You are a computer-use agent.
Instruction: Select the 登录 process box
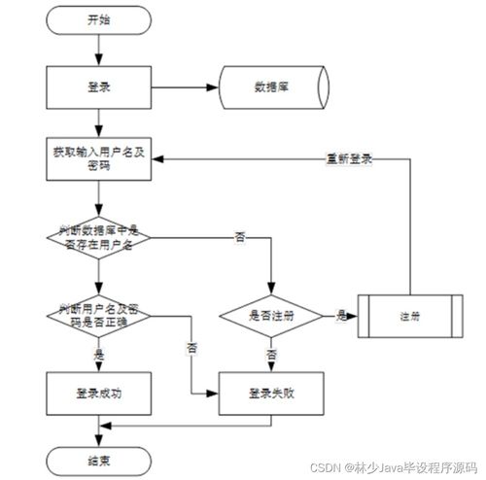tap(98, 87)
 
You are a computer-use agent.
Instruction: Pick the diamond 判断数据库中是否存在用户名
tap(98, 236)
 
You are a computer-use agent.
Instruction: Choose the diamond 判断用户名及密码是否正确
tap(98, 315)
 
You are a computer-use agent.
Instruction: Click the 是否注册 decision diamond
tap(270, 315)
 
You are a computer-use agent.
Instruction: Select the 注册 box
tap(409, 316)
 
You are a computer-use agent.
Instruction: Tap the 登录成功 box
tap(98, 394)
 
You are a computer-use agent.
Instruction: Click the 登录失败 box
tap(270, 394)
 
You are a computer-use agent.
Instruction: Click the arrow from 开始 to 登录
tap(98, 49)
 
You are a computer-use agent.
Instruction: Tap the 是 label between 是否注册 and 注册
tap(341, 315)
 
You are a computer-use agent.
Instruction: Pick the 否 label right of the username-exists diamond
tap(239, 236)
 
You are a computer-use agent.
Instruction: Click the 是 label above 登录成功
tap(98, 355)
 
